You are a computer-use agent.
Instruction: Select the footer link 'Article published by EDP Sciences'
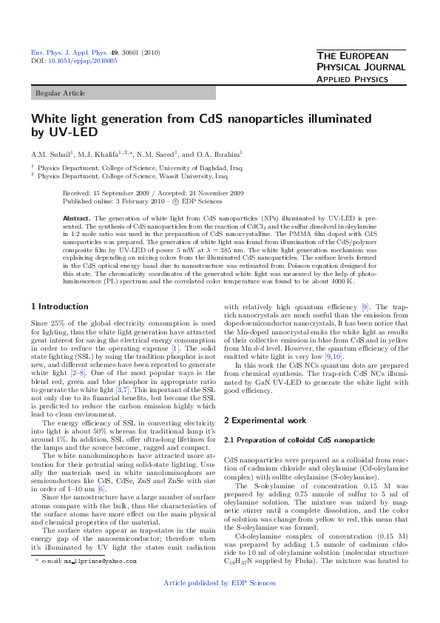pyautogui.click(x=220, y=604)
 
